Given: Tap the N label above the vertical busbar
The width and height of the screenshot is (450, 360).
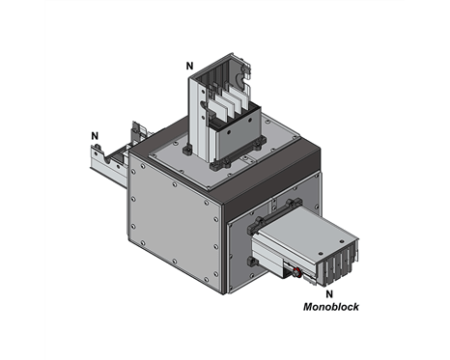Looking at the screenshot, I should (190, 66).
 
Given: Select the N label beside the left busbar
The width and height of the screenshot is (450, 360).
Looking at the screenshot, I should (94, 135).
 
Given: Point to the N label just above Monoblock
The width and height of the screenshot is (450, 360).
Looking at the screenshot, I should (329, 291).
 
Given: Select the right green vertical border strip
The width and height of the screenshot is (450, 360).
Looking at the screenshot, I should (428, 180).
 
